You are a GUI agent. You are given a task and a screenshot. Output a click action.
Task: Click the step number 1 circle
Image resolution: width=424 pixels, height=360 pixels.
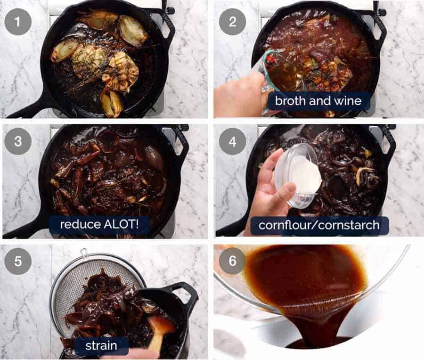click(18, 22)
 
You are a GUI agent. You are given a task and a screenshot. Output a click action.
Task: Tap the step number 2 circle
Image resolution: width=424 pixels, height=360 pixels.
click(233, 22)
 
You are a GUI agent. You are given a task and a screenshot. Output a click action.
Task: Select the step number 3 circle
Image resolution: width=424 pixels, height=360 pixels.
click(18, 141)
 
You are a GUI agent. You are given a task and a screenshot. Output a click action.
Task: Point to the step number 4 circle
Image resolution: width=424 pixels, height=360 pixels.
click(233, 141)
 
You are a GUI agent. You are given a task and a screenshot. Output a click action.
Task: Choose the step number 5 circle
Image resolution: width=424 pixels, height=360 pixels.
click(18, 261)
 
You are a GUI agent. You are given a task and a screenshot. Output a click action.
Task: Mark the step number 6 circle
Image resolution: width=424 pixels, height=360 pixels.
click(233, 261)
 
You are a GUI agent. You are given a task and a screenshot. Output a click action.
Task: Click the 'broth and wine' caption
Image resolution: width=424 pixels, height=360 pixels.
click(318, 101)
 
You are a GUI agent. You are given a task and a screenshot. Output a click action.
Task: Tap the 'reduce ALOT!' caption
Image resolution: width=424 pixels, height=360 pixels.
click(99, 224)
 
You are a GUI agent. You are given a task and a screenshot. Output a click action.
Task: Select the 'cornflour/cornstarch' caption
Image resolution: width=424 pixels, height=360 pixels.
click(319, 225)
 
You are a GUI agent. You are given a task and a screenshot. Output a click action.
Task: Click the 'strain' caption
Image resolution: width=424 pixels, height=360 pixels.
click(101, 346)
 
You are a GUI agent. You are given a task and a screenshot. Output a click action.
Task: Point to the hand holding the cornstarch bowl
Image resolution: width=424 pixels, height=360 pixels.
click(268, 189)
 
